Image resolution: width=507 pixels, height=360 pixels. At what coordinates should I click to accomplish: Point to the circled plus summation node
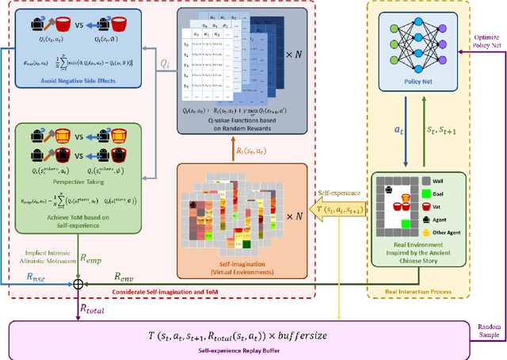[78, 283]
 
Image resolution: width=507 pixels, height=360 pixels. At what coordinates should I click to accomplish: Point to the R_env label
[123, 277]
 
